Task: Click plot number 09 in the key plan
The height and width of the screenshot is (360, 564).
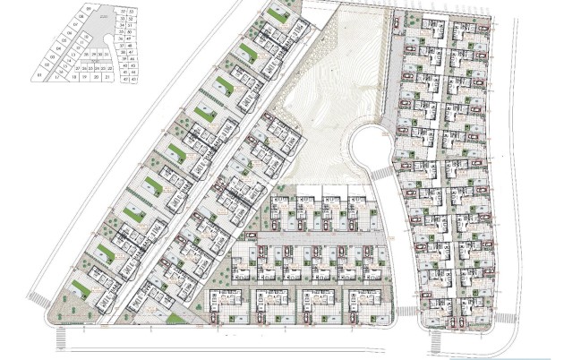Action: click(89, 9)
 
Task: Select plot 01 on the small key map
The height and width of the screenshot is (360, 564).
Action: click(39, 74)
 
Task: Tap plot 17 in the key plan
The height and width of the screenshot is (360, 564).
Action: click(57, 77)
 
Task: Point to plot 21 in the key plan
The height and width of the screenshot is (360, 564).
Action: click(107, 77)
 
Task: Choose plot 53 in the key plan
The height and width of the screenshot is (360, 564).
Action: click(132, 12)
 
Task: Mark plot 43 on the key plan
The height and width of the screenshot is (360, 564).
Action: click(132, 80)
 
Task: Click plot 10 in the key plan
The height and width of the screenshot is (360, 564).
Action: click(86, 36)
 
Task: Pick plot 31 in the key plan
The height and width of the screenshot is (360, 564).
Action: click(107, 55)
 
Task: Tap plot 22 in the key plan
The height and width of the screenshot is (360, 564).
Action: click(110, 68)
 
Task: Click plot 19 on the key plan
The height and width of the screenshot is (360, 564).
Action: click(84, 77)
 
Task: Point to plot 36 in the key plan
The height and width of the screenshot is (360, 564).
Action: click(121, 39)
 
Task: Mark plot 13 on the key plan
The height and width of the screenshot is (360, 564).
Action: click(73, 55)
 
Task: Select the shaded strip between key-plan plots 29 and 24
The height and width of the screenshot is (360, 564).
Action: click(95, 61)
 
